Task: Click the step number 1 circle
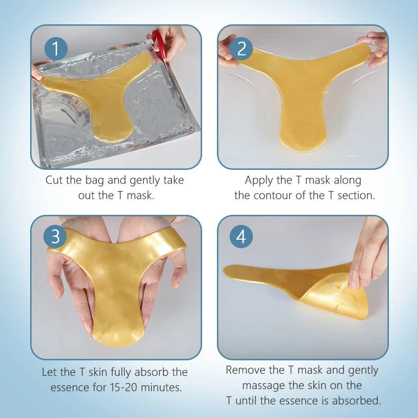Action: (56, 48)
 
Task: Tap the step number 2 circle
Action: (242, 48)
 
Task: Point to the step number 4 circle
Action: (241, 237)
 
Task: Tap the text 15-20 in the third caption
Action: (123, 387)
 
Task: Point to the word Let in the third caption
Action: (50, 372)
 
